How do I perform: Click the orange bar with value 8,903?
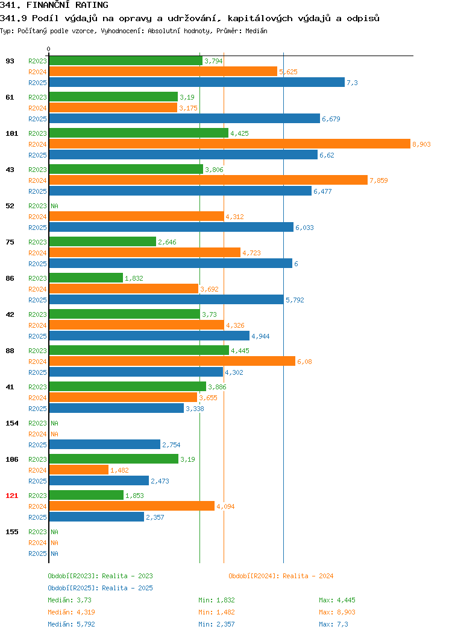[x=230, y=144]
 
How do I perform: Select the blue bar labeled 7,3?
[x=197, y=83]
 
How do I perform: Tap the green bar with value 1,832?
[x=86, y=278]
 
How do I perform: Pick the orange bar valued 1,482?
[x=79, y=470]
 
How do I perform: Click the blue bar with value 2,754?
[x=105, y=445]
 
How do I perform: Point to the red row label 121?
[x=11, y=496]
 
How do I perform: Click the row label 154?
[x=11, y=423]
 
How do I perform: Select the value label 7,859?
[x=378, y=180]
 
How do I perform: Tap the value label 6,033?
[x=304, y=228]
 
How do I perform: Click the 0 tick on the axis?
[x=49, y=49]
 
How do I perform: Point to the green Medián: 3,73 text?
[x=69, y=600]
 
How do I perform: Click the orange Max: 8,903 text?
[x=337, y=612]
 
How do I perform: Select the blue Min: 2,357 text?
[x=216, y=625]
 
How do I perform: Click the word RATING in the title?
[x=92, y=5]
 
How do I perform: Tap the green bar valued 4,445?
[x=139, y=351]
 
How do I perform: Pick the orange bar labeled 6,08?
[x=172, y=362]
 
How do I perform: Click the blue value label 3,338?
[x=195, y=409]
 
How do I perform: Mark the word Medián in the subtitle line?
[x=256, y=31]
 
